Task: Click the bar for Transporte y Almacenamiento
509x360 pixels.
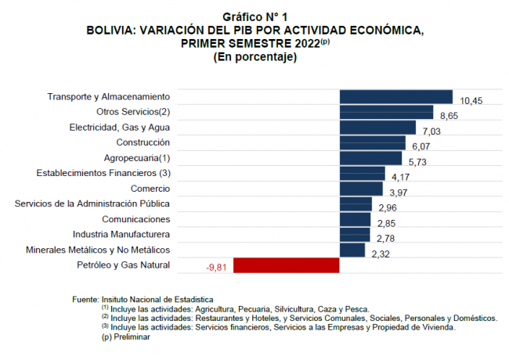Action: pyautogui.click(x=395, y=96)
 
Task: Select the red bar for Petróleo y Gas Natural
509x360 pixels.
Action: pyautogui.click(x=287, y=265)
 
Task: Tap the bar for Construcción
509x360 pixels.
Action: pyautogui.click(x=372, y=142)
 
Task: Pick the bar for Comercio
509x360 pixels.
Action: pyautogui.click(x=361, y=189)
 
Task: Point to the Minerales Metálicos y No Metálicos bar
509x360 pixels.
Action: pyautogui.click(x=352, y=250)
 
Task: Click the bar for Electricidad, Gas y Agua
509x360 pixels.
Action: pyautogui.click(x=377, y=127)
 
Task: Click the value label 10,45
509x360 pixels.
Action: pyautogui.click(x=471, y=101)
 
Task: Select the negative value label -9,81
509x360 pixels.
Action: pyautogui.click(x=217, y=268)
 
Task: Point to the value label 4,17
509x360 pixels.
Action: pyautogui.click(x=401, y=178)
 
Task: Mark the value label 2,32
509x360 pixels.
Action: pyautogui.click(x=381, y=254)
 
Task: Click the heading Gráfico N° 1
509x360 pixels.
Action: pyautogui.click(x=254, y=16)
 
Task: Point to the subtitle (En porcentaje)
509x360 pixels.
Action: pyautogui.click(x=254, y=56)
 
